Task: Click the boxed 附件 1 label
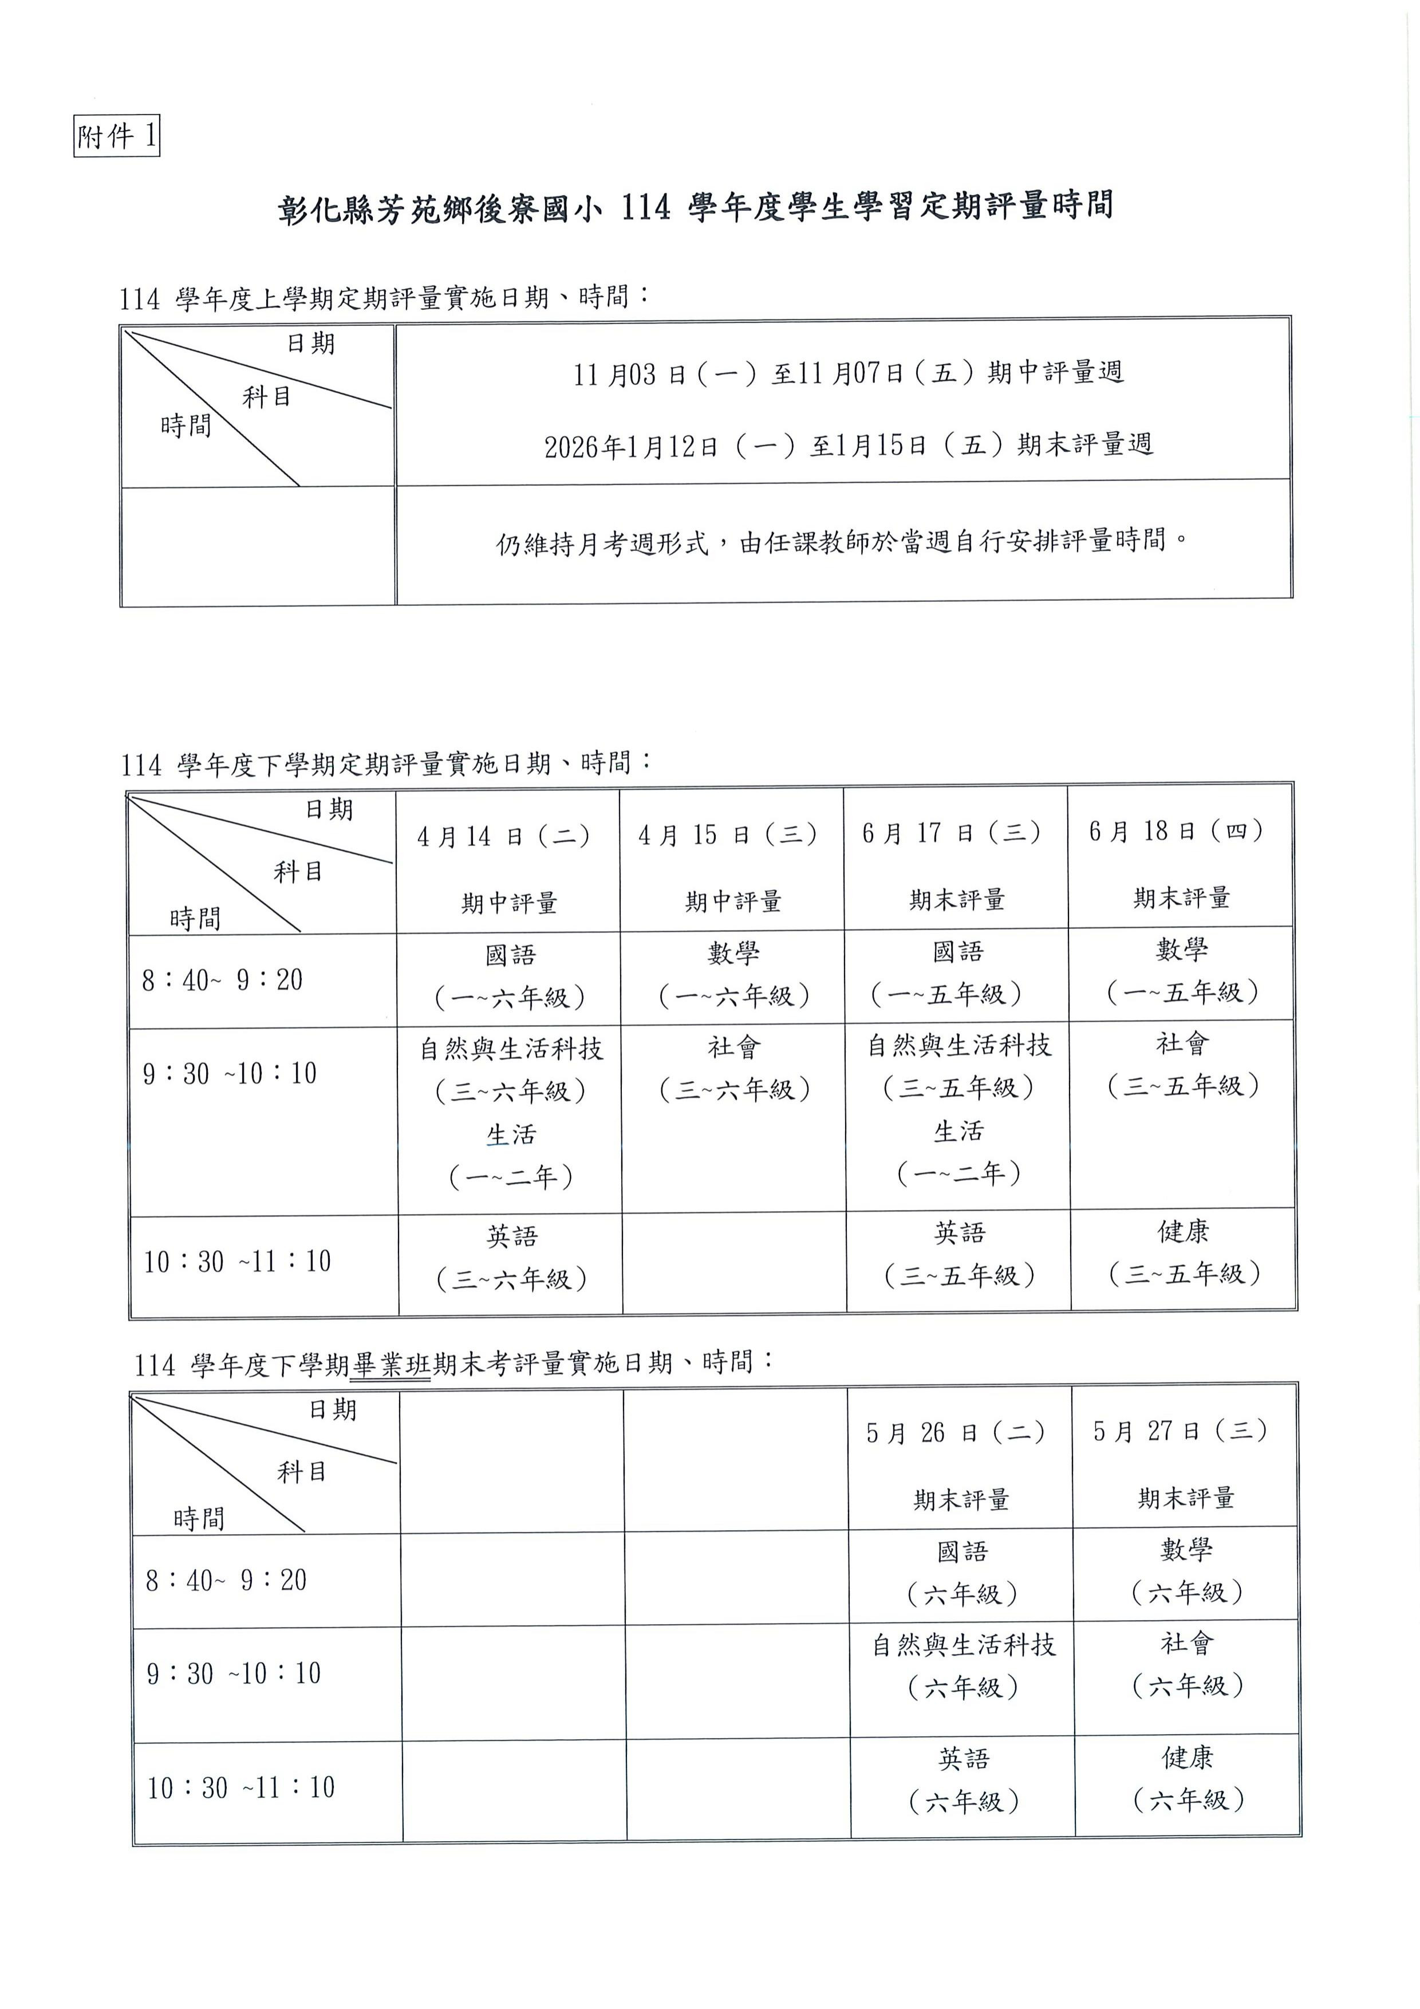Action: pyautogui.click(x=116, y=136)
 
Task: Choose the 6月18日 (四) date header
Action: pyautogui.click(x=1177, y=830)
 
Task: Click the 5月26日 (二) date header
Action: pyautogui.click(x=956, y=1432)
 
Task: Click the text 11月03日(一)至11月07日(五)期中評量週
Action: pyautogui.click(x=848, y=373)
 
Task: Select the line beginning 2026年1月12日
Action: pyautogui.click(x=848, y=446)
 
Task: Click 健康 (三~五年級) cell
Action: pyautogui.click(x=1184, y=1252)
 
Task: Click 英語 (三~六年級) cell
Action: pyautogui.click(x=512, y=1258)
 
